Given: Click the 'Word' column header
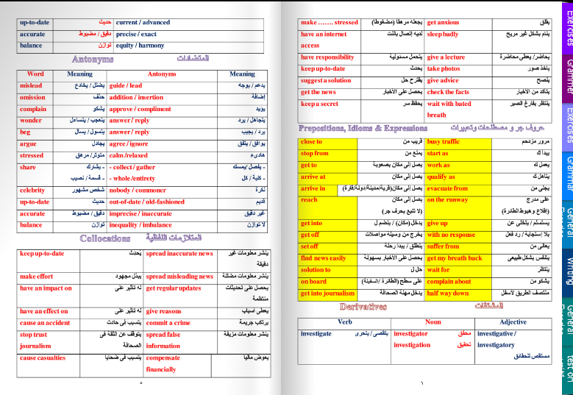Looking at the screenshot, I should pos(35,74).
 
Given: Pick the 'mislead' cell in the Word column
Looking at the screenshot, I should pos(32,85).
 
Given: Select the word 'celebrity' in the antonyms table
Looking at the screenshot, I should pos(34,190).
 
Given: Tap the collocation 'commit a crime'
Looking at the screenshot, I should pos(168,323).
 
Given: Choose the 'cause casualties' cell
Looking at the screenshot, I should pos(43,358).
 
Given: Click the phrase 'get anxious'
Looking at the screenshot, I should pos(444,23).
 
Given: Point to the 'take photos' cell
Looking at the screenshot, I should pos(444,68).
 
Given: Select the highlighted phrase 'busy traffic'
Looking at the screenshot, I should pos(443,141).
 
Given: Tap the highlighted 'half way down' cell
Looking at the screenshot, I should pos(448,293).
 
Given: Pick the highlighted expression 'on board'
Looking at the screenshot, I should pos(314,281).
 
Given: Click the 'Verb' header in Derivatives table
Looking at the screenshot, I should pos(344,321).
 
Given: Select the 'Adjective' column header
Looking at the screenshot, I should pos(513,321).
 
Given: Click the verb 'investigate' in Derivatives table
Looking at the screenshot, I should pos(316,333).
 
